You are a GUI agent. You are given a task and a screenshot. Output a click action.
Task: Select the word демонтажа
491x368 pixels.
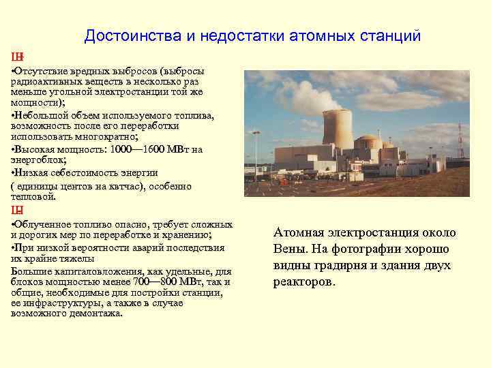click(98, 313)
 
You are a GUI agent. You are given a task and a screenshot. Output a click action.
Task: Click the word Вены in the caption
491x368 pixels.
click(288, 249)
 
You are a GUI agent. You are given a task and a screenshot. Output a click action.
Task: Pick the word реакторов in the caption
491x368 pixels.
click(303, 281)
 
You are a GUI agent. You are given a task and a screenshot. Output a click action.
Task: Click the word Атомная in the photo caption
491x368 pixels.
click(296, 232)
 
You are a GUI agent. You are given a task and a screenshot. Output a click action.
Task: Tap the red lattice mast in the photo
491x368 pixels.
click(460, 144)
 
